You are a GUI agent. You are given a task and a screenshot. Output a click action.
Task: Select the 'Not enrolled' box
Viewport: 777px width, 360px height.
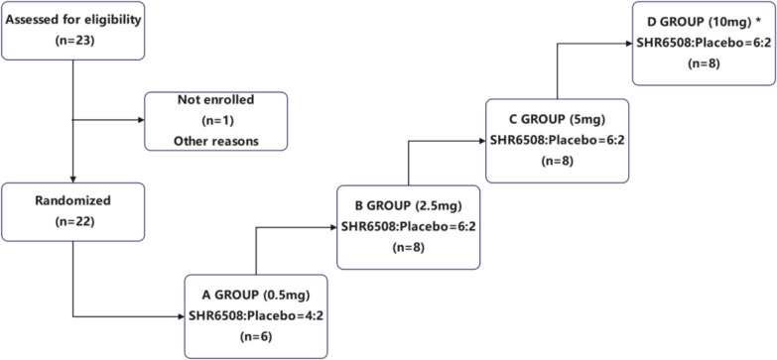[215, 121]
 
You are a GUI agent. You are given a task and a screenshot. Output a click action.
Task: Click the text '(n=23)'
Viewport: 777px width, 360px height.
[73, 42]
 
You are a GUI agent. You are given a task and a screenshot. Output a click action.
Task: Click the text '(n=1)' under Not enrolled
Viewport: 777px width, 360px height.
[215, 121]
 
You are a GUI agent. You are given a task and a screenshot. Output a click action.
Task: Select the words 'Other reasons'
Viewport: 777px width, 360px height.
[215, 141]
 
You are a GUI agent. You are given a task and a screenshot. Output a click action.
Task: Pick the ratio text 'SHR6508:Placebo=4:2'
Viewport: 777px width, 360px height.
[256, 316]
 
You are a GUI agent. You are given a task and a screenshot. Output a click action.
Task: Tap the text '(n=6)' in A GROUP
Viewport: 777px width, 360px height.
[256, 336]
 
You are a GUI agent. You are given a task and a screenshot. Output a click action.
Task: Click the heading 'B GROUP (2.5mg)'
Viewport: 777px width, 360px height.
[409, 207]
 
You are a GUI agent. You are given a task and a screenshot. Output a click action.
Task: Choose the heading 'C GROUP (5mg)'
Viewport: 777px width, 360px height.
[557, 121]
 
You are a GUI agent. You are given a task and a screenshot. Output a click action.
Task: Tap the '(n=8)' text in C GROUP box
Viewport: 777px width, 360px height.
[557, 161]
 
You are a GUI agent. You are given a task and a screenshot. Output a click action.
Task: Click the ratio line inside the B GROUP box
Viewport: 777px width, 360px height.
[409, 227]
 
